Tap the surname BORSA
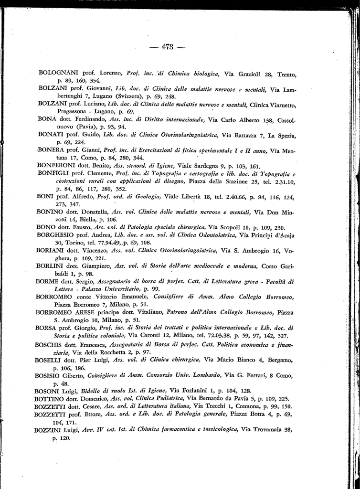(47, 327)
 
